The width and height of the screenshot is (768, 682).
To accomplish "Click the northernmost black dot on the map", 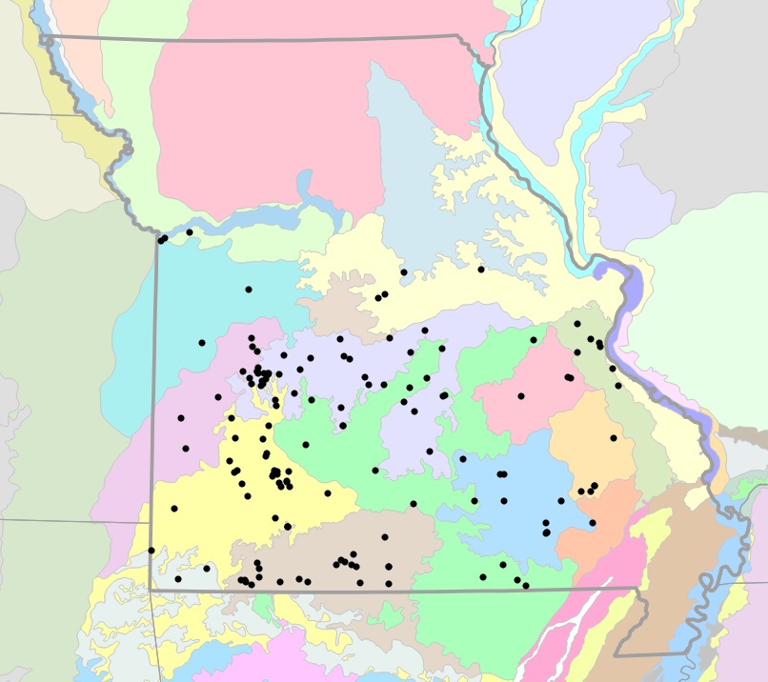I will (x=190, y=232).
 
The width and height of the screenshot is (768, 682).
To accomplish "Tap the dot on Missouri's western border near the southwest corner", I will (x=152, y=551).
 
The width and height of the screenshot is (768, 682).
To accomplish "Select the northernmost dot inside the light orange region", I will (x=614, y=438).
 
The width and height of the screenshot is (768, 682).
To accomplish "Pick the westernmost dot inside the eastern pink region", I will (x=521, y=396).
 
